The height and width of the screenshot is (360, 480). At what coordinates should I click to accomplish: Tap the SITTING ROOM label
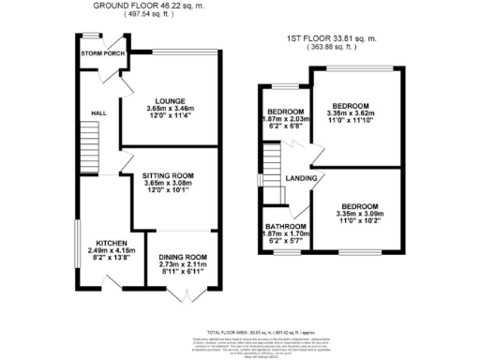(x=168, y=175)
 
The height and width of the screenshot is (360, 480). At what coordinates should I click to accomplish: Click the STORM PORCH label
(x=103, y=53)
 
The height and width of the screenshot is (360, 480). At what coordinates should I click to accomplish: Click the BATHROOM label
(x=284, y=227)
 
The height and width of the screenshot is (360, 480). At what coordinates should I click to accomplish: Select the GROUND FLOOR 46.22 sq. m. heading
(x=148, y=6)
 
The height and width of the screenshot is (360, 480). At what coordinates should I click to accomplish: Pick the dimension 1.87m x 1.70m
(x=284, y=235)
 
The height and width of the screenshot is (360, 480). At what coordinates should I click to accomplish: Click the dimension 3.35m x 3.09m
(x=359, y=215)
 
